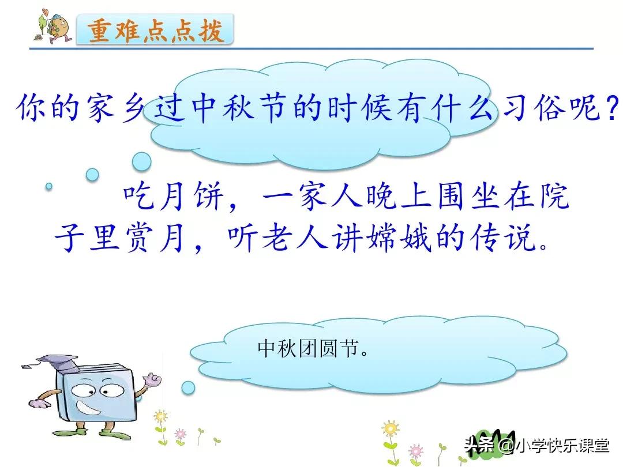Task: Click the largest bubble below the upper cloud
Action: pos(141,161)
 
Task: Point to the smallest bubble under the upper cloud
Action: pos(49,186)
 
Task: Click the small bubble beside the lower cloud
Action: pos(187,387)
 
